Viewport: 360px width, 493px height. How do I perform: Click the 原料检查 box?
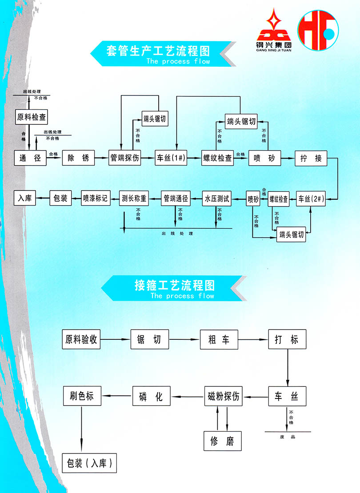[x=31, y=117]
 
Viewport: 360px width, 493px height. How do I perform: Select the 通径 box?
[x=30, y=158]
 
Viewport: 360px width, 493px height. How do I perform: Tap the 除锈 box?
[x=78, y=158]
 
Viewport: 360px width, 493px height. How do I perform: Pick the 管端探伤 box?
[x=125, y=158]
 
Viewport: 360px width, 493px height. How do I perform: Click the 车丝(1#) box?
[x=171, y=158]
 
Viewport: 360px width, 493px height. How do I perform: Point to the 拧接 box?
[x=311, y=158]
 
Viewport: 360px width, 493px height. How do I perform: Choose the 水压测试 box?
[x=217, y=198]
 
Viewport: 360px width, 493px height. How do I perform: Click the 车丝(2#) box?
[x=311, y=198]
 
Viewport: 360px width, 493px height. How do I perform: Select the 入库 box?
[x=25, y=198]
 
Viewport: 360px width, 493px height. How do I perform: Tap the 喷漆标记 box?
[x=95, y=198]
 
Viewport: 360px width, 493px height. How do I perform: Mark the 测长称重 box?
[x=134, y=198]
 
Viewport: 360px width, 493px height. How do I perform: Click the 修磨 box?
[x=223, y=441]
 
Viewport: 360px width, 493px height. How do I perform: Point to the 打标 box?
[x=288, y=340]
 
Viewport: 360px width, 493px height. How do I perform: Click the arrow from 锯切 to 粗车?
[x=184, y=340]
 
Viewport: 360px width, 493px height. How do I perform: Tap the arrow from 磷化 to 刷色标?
[x=117, y=396]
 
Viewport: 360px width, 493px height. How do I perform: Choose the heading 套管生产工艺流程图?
[x=158, y=50]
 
